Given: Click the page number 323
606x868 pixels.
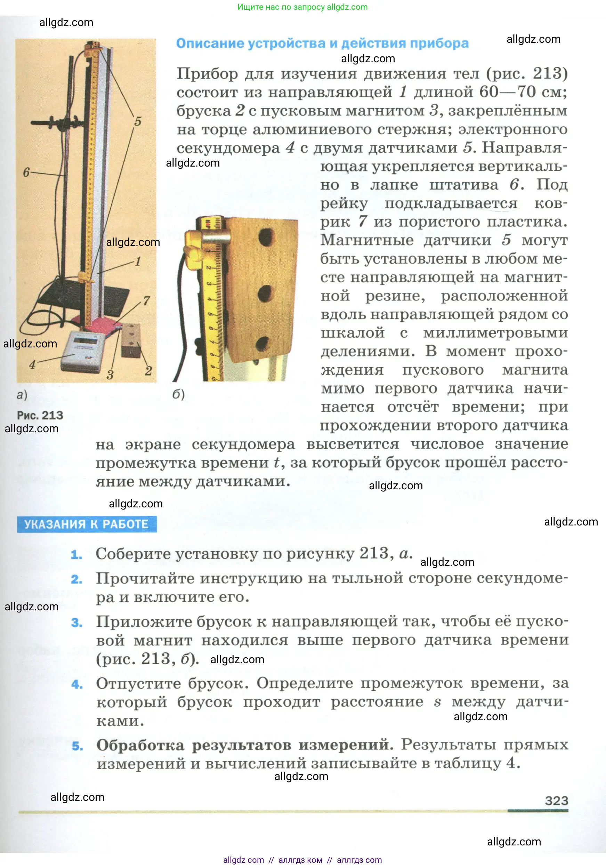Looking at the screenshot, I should pyautogui.click(x=556, y=800).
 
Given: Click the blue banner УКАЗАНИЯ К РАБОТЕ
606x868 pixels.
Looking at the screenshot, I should pyautogui.click(x=87, y=524).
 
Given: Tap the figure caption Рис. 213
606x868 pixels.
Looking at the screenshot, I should pyautogui.click(x=40, y=415).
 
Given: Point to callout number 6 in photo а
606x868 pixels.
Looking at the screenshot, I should pyautogui.click(x=26, y=172).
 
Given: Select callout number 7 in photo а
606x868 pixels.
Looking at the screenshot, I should pyautogui.click(x=146, y=300).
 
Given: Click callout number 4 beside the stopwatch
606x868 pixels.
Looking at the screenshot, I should pyautogui.click(x=33, y=364).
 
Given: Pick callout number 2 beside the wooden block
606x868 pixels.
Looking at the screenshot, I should pyautogui.click(x=148, y=370).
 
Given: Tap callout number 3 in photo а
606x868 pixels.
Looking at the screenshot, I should pyautogui.click(x=110, y=375).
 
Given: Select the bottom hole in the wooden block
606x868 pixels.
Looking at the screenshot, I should pyautogui.click(x=261, y=344).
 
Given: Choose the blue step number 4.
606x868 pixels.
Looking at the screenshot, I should pyautogui.click(x=77, y=684).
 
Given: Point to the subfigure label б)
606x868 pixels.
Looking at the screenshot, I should pyautogui.click(x=178, y=394).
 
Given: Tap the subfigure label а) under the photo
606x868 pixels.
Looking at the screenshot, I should pyautogui.click(x=22, y=395).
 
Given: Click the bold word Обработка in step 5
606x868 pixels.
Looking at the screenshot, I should pyautogui.click(x=140, y=745).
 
